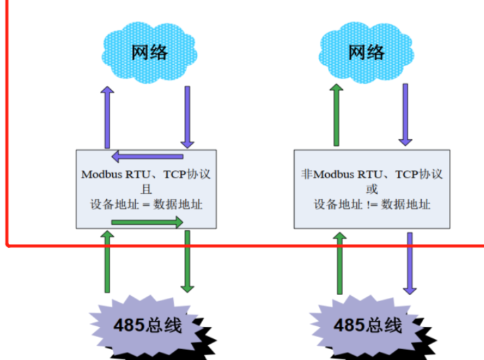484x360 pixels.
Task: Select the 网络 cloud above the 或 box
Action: (x=366, y=51)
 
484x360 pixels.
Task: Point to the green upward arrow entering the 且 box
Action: (x=107, y=260)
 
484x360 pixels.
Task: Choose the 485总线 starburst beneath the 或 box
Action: (x=366, y=325)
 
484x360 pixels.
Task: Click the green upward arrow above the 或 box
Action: (x=336, y=115)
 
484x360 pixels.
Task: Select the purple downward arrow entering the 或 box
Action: (x=405, y=115)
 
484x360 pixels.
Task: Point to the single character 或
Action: (x=372, y=188)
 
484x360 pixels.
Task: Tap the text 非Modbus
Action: (x=327, y=174)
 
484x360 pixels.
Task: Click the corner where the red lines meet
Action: (x=7, y=245)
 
